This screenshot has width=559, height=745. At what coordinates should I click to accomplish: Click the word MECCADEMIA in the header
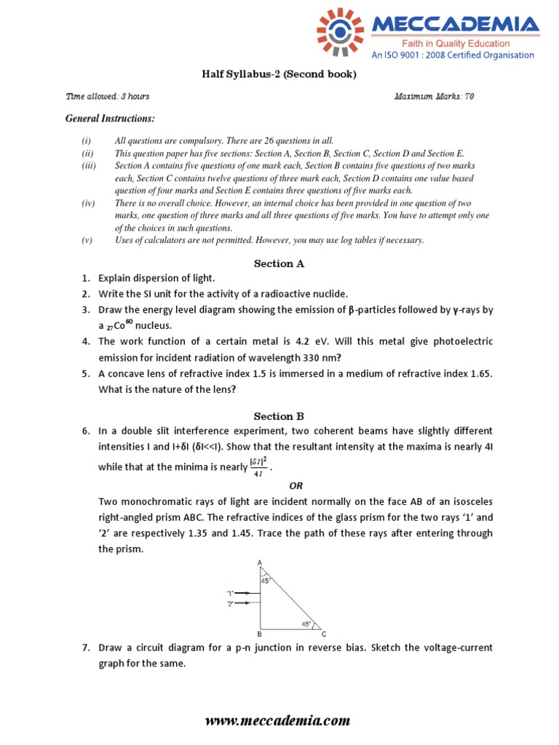(456, 25)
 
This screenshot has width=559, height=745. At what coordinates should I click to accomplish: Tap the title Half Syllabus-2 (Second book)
(279, 75)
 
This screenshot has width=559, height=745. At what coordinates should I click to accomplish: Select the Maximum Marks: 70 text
(434, 96)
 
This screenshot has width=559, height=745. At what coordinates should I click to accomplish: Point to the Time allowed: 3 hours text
(108, 96)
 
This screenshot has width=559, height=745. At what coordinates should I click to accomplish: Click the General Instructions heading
(110, 118)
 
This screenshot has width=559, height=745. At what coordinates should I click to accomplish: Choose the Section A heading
(279, 264)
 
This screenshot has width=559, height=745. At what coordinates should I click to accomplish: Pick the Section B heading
(279, 416)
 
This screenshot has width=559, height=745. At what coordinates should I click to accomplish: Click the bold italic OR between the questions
(296, 485)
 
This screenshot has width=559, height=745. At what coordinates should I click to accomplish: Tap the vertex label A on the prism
(260, 562)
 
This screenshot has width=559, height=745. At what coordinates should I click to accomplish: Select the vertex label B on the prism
(259, 634)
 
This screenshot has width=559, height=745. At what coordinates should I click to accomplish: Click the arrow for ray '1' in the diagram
(248, 593)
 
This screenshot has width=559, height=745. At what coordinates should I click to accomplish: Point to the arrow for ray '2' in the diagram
(248, 604)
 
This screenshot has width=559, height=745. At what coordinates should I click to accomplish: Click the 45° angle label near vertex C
(307, 624)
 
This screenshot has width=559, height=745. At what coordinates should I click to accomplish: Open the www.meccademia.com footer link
(278, 721)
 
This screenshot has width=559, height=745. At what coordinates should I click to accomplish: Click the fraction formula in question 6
(257, 466)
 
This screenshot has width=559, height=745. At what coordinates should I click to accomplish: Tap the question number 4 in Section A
(85, 341)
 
